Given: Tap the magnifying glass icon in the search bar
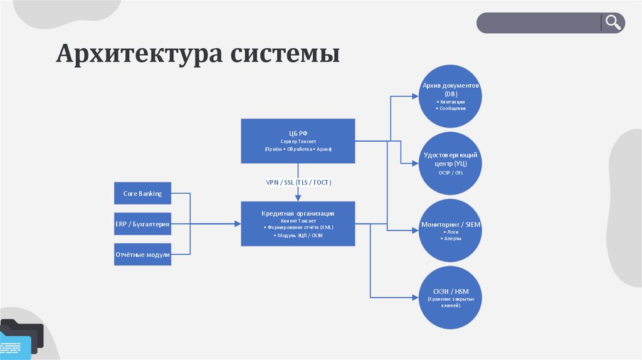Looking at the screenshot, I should click(x=613, y=23).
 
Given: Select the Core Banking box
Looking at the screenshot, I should click(x=142, y=193).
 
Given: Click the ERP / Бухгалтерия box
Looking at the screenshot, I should click(x=142, y=223).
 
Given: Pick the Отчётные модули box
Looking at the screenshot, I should click(x=142, y=254).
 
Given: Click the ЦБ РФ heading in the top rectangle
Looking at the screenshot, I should click(x=298, y=133).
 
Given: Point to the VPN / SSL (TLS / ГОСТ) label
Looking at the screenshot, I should click(x=298, y=182).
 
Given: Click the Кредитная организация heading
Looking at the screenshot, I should click(x=298, y=213).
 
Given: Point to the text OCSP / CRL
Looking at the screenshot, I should click(x=450, y=172).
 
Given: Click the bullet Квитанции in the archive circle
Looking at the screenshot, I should click(x=451, y=101).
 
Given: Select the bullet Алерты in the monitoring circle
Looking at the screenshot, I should click(x=451, y=239).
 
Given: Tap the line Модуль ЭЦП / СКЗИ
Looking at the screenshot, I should click(x=298, y=235).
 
